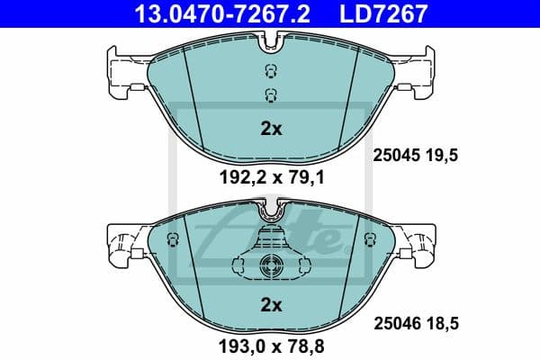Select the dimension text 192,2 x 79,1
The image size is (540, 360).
point(271,178)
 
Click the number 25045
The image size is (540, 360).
point(397,155)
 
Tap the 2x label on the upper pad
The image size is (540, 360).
point(271,129)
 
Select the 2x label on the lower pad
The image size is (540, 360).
point(271,304)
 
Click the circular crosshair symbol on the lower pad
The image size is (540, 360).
point(271,265)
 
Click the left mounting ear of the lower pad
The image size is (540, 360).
point(120,243)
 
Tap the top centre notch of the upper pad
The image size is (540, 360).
point(271,40)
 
